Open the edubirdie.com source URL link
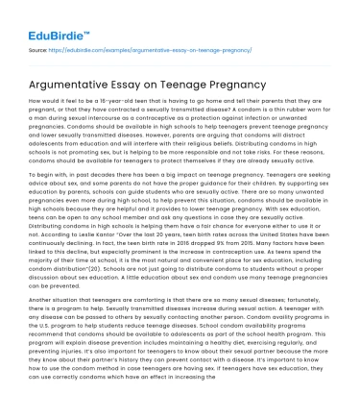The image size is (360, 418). click(x=145, y=47)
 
